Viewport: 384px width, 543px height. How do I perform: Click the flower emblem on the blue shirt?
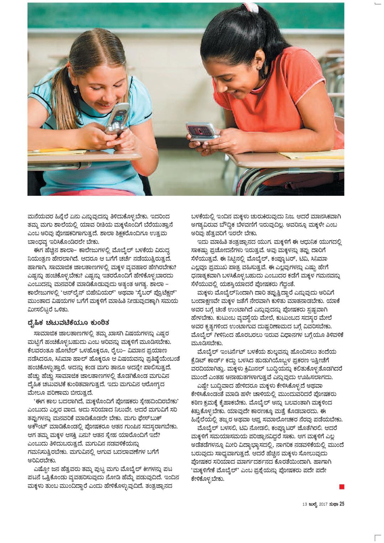(75, 90)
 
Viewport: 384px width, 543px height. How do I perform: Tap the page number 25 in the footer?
(342, 504)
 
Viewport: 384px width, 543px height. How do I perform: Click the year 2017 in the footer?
(323, 504)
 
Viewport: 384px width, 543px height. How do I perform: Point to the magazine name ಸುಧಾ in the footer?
(333, 504)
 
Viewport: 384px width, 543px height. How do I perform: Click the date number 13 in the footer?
(305, 504)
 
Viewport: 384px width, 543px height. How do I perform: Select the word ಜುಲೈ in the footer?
(313, 504)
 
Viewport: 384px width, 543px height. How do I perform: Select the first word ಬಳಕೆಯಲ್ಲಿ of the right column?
(204, 215)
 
